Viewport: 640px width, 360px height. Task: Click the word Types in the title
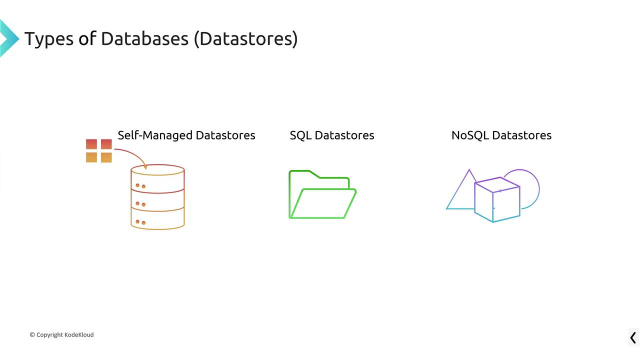(48, 38)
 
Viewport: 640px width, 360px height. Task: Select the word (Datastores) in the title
(246, 38)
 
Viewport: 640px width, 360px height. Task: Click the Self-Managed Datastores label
(186, 135)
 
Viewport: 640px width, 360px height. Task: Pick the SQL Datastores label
(332, 135)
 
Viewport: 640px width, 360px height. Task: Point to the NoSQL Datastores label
(501, 135)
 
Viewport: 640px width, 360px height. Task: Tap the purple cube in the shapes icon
(497, 200)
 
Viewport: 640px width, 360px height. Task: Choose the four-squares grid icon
(99, 150)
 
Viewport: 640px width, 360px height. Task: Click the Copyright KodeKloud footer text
(61, 334)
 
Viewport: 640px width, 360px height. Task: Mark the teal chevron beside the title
(8, 38)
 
